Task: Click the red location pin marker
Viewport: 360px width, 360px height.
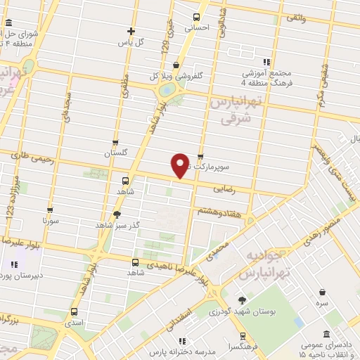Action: point(180,165)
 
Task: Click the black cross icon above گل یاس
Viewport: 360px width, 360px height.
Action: point(131,30)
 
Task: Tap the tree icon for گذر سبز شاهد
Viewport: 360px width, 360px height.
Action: point(116,214)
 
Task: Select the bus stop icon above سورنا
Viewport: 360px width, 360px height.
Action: point(50,209)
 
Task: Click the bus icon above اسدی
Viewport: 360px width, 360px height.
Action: point(74,311)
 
